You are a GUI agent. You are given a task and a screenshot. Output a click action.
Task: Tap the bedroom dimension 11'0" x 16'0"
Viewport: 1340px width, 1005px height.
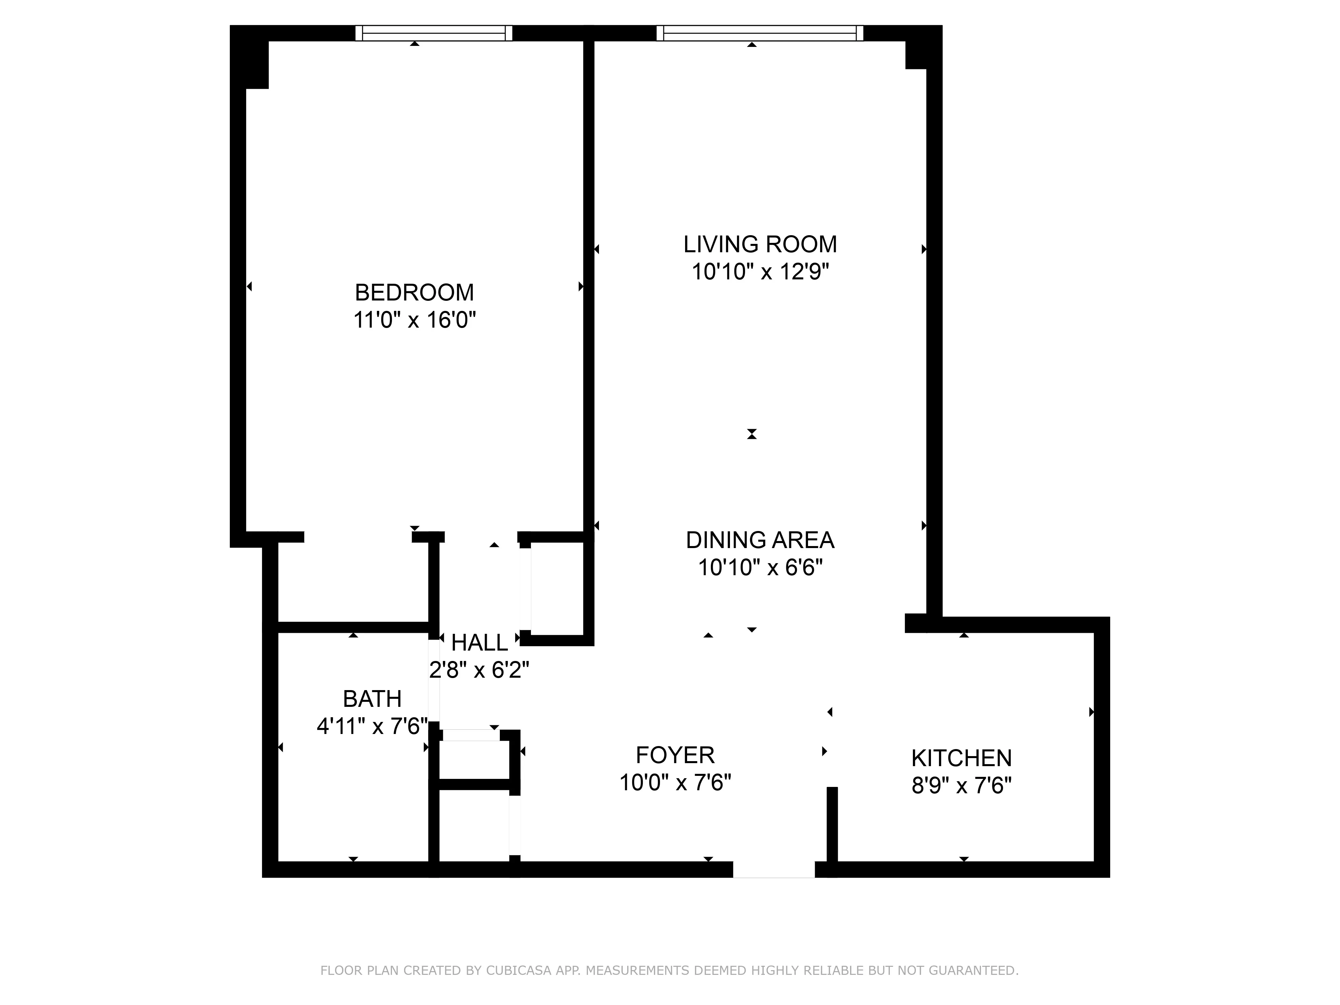click(x=414, y=320)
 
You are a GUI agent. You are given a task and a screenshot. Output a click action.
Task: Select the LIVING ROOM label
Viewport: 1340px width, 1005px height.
click(x=760, y=244)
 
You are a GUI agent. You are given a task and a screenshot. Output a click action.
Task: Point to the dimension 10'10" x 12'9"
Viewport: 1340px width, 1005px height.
click(x=760, y=272)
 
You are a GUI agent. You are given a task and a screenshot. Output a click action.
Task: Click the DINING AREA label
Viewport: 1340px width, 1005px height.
click(x=760, y=540)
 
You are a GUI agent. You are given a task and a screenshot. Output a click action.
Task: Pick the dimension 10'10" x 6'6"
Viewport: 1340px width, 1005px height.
click(x=760, y=567)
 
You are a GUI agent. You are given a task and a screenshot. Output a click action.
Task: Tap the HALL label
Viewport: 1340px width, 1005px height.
click(x=479, y=642)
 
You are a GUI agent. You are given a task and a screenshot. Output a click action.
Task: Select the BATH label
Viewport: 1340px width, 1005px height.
click(x=372, y=698)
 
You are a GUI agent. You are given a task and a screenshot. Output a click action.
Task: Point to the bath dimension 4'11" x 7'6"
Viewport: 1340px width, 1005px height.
click(x=372, y=726)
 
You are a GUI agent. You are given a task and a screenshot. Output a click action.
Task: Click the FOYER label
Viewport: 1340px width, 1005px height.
click(x=675, y=755)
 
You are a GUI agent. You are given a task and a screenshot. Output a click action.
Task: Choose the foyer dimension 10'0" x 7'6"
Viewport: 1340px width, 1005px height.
click(x=675, y=783)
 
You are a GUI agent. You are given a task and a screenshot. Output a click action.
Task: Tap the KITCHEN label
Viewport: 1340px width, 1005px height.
click(x=961, y=758)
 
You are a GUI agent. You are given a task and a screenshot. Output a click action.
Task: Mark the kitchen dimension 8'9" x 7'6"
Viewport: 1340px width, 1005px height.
click(x=961, y=786)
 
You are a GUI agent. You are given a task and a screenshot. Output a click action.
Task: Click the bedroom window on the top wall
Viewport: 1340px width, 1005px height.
click(x=433, y=33)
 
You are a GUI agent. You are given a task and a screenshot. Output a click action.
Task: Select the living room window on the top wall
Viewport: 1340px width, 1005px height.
click(x=760, y=33)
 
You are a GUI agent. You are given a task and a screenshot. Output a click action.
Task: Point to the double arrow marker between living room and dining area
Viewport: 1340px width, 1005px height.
click(x=752, y=434)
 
